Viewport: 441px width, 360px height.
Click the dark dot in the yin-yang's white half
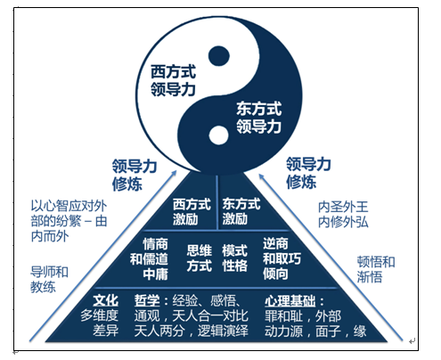coord(219,56)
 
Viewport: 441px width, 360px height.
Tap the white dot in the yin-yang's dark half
coord(219,135)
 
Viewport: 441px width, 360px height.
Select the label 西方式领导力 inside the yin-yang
coord(173,80)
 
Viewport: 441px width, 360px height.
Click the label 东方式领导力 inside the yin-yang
coord(258,118)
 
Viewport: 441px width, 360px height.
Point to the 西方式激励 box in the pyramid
coord(192,212)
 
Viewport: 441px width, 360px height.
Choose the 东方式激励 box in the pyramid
coord(241,212)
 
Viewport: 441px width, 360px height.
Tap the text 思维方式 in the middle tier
coord(199,258)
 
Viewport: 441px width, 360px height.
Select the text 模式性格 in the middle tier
coord(234,258)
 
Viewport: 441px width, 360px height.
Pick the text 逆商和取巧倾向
coord(282,258)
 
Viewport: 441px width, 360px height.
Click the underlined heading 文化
coord(105,301)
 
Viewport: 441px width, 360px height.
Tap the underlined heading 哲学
coord(147,301)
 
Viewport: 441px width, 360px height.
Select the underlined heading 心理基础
coord(290,301)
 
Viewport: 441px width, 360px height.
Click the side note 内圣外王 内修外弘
coord(343,215)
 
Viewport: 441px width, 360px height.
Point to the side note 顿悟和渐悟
coord(376,269)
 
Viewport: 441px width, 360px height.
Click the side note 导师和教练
coord(49,280)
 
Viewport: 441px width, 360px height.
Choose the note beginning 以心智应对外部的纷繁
coord(69,221)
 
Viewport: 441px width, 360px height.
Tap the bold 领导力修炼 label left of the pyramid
coord(135,175)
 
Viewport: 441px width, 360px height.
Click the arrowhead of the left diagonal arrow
coord(174,173)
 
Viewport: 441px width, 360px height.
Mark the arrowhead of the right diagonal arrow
coord(262,176)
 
